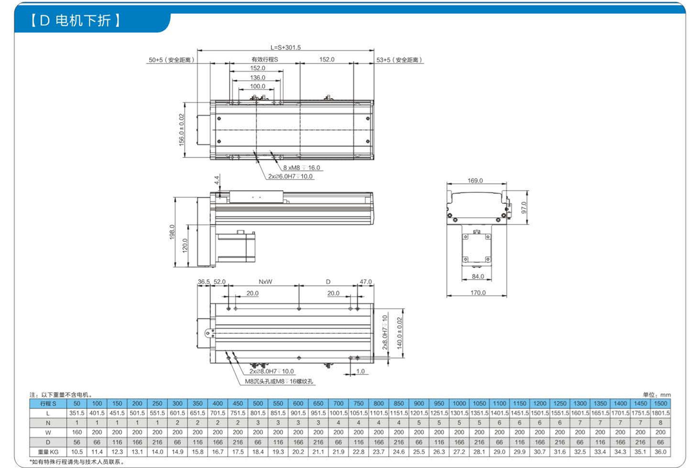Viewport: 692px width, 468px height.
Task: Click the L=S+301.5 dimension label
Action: [286, 47]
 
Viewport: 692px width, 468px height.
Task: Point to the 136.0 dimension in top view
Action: [257, 78]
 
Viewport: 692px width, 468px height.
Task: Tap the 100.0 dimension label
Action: [257, 86]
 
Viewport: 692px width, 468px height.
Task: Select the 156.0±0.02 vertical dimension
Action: [181, 129]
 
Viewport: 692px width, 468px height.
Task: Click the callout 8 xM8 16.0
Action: [301, 168]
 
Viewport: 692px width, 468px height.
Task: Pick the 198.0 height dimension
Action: [172, 232]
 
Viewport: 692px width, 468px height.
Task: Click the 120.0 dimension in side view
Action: [185, 245]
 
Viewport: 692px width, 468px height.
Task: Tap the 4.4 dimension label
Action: [216, 180]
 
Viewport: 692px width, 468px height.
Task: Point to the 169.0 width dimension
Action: [475, 180]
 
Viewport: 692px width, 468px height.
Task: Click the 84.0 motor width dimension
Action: [478, 276]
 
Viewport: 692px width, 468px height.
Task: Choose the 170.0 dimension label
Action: [478, 292]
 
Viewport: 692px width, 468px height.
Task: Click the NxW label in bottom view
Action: [265, 282]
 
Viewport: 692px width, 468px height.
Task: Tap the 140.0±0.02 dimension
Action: [400, 333]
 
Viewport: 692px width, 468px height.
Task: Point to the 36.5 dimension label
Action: [204, 282]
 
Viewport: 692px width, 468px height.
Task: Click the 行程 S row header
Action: [48, 403]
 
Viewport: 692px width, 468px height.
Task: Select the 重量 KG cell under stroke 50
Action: [77, 452]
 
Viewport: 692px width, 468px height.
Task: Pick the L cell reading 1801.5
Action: [660, 413]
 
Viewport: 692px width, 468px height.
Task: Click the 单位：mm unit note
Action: [657, 395]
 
